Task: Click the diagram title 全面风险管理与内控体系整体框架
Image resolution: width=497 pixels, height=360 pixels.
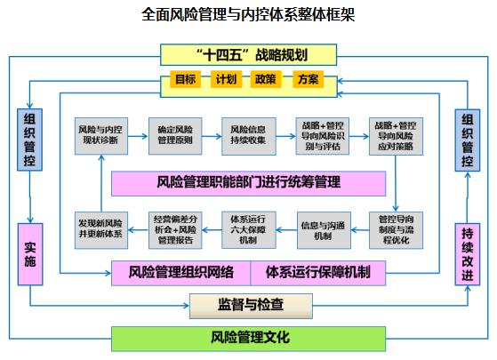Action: pyautogui.click(x=248, y=14)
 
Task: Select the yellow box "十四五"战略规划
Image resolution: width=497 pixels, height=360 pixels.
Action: pyautogui.click(x=249, y=55)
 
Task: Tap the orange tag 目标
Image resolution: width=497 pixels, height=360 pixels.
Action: pyautogui.click(x=186, y=79)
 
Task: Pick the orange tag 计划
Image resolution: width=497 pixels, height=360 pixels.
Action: pyautogui.click(x=226, y=79)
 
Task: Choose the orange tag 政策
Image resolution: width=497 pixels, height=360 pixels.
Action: pyautogui.click(x=266, y=79)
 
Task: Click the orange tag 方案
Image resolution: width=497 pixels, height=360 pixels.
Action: pyautogui.click(x=308, y=79)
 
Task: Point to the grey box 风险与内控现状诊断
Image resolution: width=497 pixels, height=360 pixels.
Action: pyautogui.click(x=101, y=136)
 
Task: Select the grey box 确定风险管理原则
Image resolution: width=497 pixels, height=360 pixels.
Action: pyautogui.click(x=175, y=136)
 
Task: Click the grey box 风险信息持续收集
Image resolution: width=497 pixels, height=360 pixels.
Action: pyautogui.click(x=249, y=136)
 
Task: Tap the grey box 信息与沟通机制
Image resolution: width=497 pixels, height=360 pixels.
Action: pyautogui.click(x=324, y=230)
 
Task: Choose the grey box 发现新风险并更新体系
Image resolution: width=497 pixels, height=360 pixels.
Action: pyautogui.click(x=101, y=230)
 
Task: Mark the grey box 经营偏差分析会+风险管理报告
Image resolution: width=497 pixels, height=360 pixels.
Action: pyautogui.click(x=175, y=230)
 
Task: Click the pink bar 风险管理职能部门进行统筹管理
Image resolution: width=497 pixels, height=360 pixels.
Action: pyautogui.click(x=249, y=183)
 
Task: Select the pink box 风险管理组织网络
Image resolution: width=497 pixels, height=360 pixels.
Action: pyautogui.click(x=181, y=273)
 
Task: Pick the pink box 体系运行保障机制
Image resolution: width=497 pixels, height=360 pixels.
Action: pyautogui.click(x=318, y=273)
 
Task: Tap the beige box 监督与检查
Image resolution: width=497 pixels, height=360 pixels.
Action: pyautogui.click(x=251, y=306)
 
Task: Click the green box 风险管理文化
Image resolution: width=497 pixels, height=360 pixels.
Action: pyautogui.click(x=249, y=339)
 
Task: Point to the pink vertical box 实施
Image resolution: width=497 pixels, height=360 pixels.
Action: pyautogui.click(x=30, y=254)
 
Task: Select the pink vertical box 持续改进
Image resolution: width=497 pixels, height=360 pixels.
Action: pyautogui.click(x=468, y=254)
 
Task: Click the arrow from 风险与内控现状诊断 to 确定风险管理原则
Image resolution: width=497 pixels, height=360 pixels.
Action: pyautogui.click(x=138, y=136)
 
